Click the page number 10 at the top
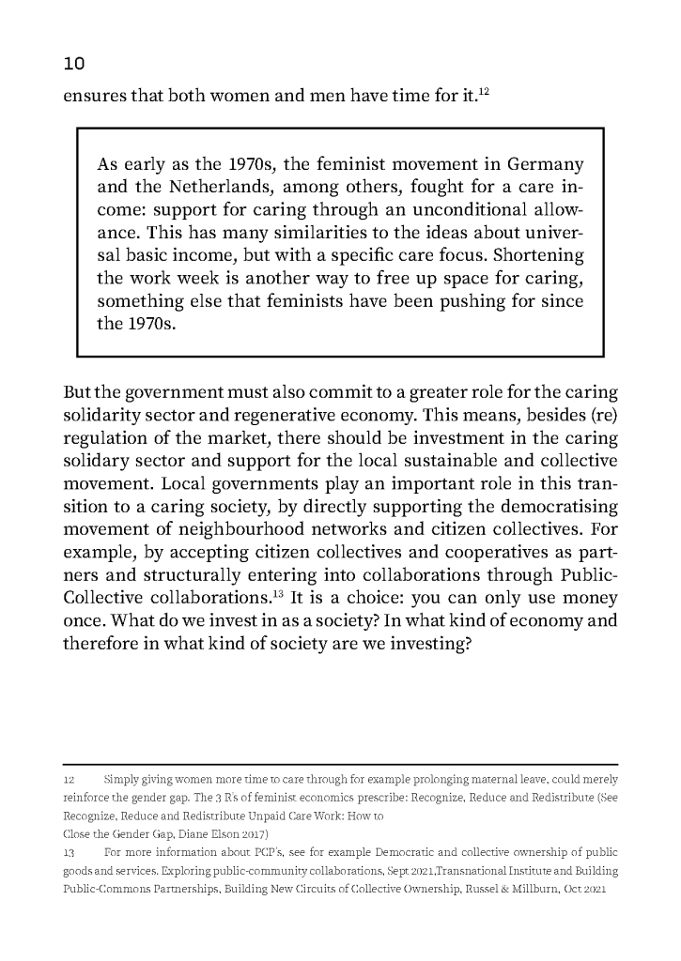[73, 64]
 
